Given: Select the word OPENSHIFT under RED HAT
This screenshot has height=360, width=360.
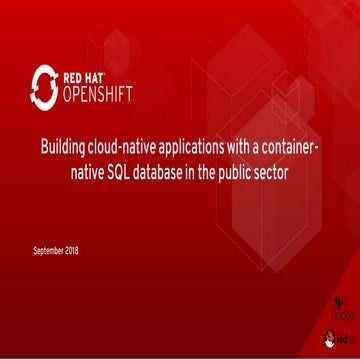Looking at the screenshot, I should tap(98, 96).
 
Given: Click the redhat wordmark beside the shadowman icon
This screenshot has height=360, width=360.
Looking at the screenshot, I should tap(345, 339).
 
